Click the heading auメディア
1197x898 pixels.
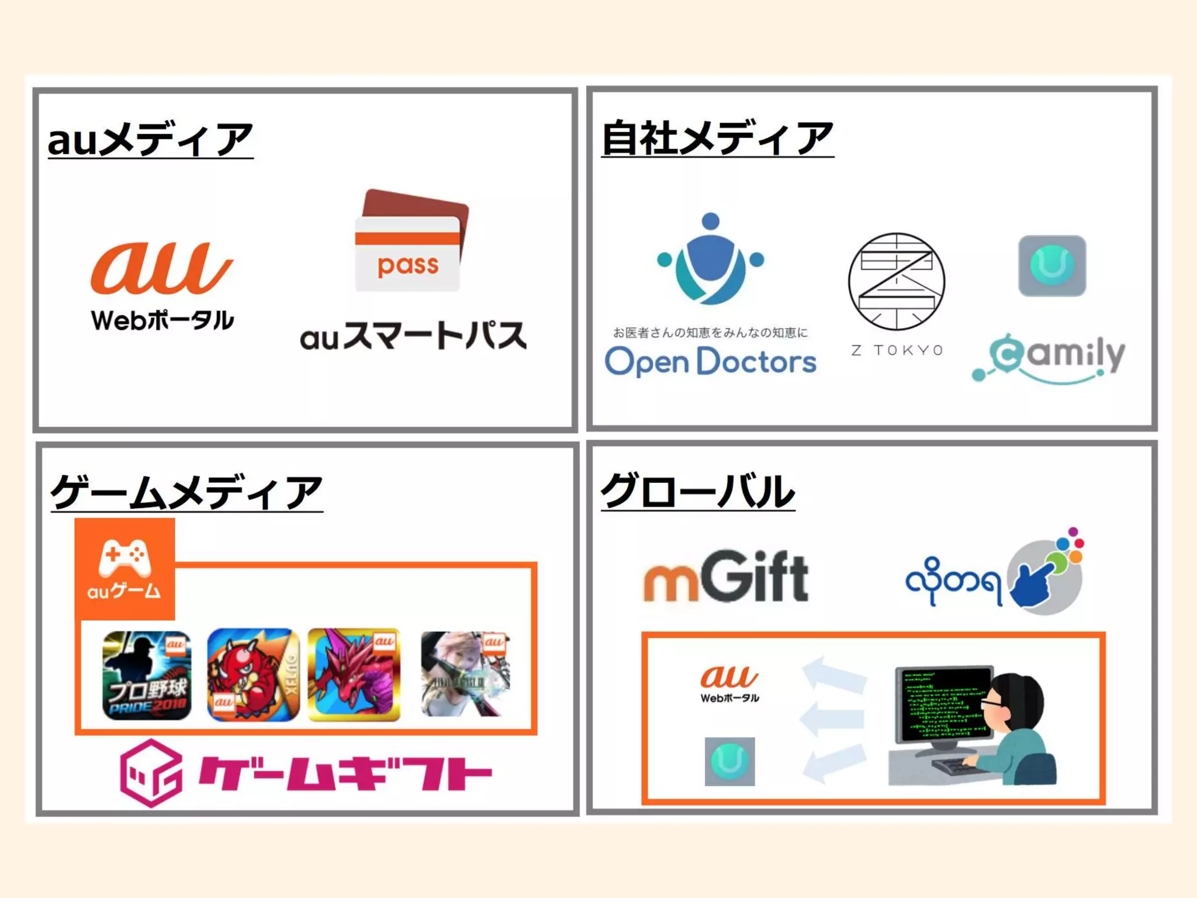pos(150,140)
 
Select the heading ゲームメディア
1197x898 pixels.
pos(186,492)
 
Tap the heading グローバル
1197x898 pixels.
pos(698,491)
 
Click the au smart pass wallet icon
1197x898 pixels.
pos(411,241)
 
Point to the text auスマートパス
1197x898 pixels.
pos(413,336)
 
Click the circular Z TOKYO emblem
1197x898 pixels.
pos(896,281)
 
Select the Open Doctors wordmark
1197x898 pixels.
pos(710,362)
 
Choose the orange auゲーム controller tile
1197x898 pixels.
pos(124,569)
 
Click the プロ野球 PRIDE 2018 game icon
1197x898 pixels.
pos(147,675)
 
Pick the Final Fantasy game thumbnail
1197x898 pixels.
pos(465,673)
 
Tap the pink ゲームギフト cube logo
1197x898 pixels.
pos(151,773)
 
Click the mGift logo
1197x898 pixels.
pos(725,577)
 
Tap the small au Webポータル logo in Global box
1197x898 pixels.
pos(729,683)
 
